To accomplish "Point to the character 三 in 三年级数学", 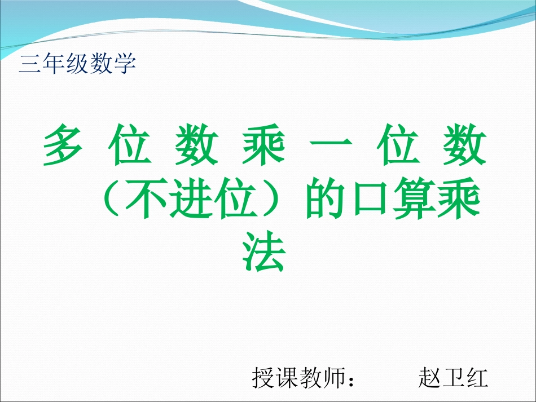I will (x=29, y=64).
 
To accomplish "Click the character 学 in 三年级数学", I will (x=125, y=64).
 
